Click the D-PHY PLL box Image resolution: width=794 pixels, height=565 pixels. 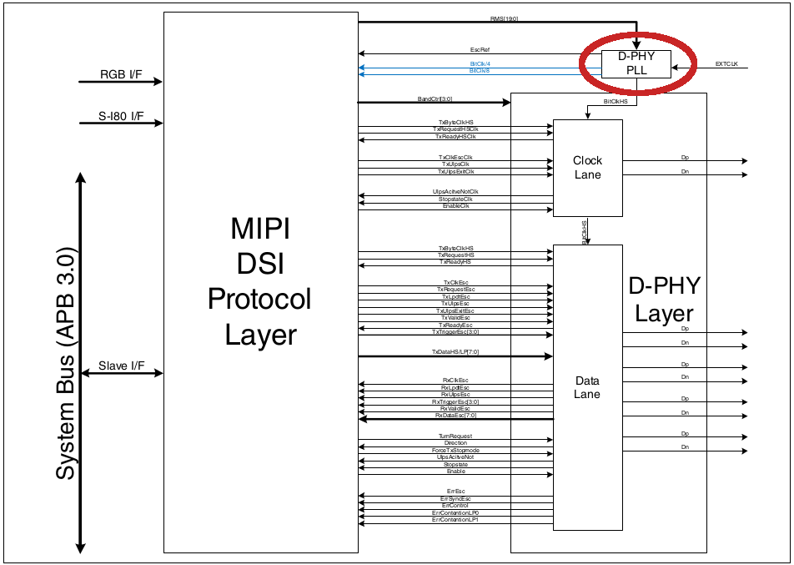click(x=636, y=63)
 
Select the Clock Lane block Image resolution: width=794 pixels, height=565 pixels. click(x=587, y=168)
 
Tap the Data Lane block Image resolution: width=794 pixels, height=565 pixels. click(x=587, y=387)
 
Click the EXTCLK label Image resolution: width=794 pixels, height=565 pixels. click(x=726, y=63)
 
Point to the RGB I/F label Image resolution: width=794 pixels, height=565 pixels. click(x=121, y=75)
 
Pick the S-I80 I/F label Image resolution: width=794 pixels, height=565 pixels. click(x=122, y=117)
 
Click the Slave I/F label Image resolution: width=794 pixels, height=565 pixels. click(x=121, y=366)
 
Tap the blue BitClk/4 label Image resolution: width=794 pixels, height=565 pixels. click(x=480, y=63)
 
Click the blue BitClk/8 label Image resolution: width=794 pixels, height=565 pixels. click(x=480, y=71)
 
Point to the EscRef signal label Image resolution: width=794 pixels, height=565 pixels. click(x=480, y=50)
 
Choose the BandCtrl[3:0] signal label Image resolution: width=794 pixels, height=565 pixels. click(x=435, y=98)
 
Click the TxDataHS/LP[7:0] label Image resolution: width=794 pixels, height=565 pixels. click(x=455, y=352)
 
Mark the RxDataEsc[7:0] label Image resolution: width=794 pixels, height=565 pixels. click(x=455, y=415)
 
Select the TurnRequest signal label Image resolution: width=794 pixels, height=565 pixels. click(x=455, y=436)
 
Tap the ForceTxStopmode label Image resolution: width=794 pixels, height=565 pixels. click(x=455, y=450)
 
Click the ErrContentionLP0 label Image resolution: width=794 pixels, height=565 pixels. click(x=455, y=512)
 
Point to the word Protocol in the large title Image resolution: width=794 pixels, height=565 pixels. click(x=259, y=299)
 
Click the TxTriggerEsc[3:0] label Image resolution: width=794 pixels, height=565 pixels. click(x=455, y=331)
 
